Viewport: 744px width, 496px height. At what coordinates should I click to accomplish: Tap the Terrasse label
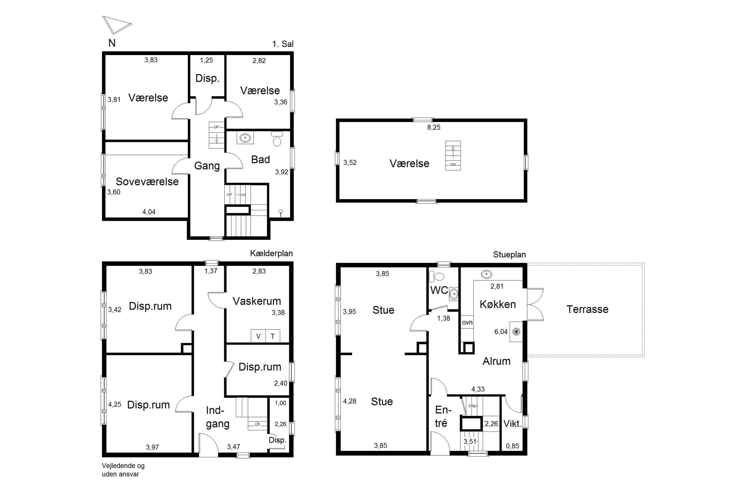pyautogui.click(x=587, y=309)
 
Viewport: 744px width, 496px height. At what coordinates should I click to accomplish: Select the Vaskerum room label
pyautogui.click(x=256, y=301)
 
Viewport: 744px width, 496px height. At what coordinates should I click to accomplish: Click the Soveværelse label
pyautogui.click(x=147, y=181)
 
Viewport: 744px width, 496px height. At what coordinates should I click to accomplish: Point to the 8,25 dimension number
pyautogui.click(x=433, y=127)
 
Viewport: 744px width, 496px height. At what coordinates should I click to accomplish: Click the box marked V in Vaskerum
pyautogui.click(x=258, y=336)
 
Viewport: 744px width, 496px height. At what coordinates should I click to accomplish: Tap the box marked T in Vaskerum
pyautogui.click(x=273, y=336)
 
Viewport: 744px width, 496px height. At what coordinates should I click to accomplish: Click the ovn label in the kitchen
pyautogui.click(x=467, y=322)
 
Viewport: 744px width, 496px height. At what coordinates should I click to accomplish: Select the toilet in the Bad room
pyautogui.click(x=277, y=139)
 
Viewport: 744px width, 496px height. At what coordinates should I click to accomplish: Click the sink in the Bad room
pyautogui.click(x=245, y=138)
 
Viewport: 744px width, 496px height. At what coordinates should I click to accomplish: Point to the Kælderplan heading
pyautogui.click(x=271, y=253)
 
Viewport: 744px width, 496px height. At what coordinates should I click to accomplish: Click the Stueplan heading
pyautogui.click(x=509, y=255)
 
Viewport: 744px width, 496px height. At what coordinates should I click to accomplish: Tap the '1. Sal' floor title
pyautogui.click(x=283, y=44)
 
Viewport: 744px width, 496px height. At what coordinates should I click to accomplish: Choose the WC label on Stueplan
pyautogui.click(x=439, y=290)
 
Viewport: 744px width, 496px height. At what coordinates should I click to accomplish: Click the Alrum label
pyautogui.click(x=496, y=361)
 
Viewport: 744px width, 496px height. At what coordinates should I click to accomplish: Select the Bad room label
pyautogui.click(x=260, y=160)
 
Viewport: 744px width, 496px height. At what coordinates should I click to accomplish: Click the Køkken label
pyautogui.click(x=498, y=304)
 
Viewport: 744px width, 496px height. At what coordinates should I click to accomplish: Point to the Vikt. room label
pyautogui.click(x=512, y=424)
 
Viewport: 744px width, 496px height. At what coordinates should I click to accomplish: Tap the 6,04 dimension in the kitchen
pyautogui.click(x=501, y=332)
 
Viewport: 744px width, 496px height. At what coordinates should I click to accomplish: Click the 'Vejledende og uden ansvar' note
pyautogui.click(x=123, y=470)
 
